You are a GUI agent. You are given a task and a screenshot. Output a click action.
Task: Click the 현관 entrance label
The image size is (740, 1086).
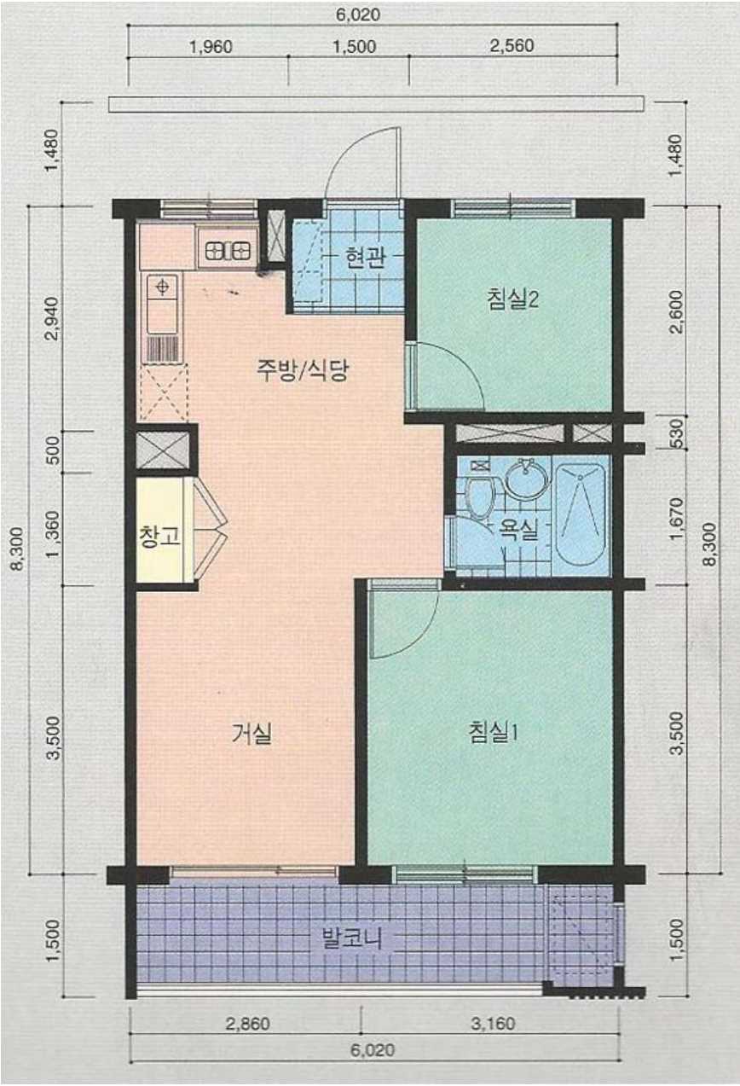click(365, 258)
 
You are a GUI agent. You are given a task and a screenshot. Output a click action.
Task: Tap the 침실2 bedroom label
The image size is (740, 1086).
click(513, 299)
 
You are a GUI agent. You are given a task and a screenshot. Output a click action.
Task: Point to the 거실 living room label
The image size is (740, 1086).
click(251, 733)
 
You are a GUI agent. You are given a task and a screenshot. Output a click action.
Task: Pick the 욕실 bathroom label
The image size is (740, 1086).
click(518, 531)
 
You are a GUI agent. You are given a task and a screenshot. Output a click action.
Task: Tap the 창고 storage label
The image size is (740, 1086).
click(159, 537)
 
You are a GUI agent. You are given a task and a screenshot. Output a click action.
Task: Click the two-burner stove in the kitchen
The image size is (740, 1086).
click(228, 251)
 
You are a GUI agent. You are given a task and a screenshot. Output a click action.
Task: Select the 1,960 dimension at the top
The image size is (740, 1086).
click(211, 47)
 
